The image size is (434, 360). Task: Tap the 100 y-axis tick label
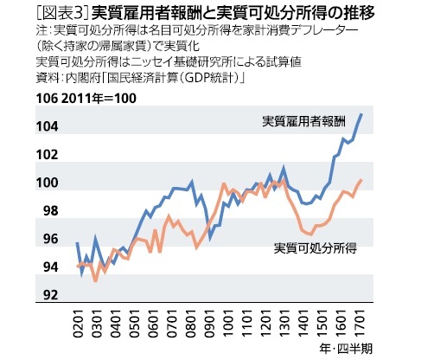(48, 183)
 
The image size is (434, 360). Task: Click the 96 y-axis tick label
(51, 240)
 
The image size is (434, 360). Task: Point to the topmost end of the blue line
(361, 114)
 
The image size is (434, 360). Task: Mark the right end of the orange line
(361, 179)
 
